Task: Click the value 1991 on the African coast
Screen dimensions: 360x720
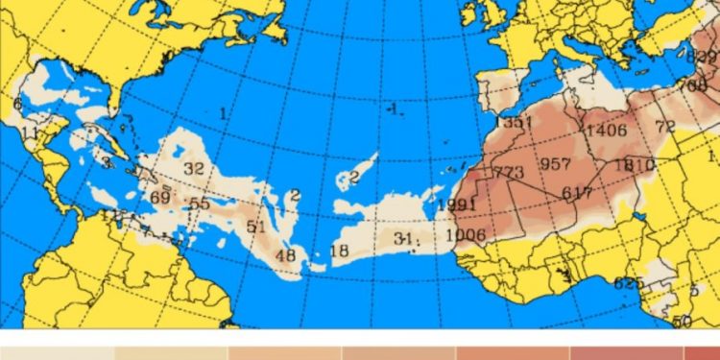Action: coord(456,205)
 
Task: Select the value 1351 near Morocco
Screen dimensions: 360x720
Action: coord(515,123)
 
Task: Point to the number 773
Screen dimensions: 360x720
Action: coord(508,173)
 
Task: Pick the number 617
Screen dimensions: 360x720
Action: coord(577,193)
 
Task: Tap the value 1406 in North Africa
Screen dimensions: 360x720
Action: coord(606,131)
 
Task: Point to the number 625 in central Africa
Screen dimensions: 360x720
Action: coord(629,282)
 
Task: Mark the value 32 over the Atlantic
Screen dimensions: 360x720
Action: coord(194,168)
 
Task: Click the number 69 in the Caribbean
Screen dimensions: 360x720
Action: coord(160,198)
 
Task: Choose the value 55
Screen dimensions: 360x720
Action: coord(199,204)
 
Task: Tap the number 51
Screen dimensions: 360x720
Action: coord(255,227)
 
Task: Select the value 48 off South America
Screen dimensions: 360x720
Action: coord(285,255)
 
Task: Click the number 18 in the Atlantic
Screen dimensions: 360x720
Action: coord(339,252)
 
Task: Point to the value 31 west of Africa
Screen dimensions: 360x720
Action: coord(402,238)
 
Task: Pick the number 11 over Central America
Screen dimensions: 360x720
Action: coord(30,132)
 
